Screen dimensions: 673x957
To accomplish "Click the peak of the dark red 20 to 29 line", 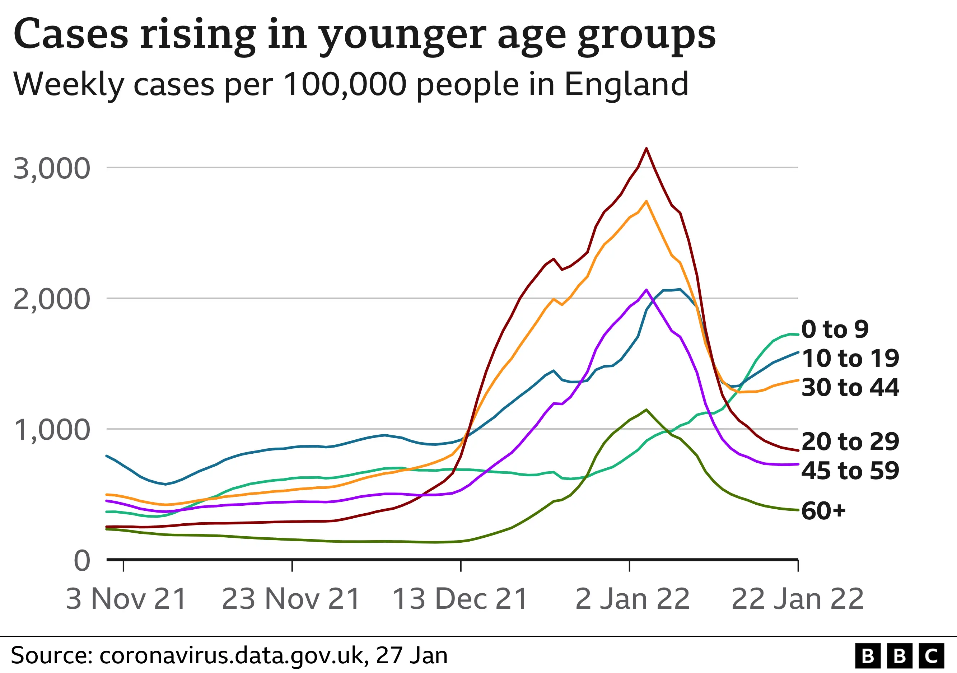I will [646, 148].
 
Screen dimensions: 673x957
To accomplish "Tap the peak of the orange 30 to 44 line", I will [646, 201].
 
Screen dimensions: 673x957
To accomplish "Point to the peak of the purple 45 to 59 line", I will [646, 290].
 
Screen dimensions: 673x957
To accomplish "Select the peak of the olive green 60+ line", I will [646, 410].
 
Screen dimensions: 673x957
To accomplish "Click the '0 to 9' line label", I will [835, 329].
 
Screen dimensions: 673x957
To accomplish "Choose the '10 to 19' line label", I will [850, 358].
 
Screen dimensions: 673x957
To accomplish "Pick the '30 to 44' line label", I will [850, 387].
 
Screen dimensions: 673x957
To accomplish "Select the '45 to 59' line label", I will [850, 471].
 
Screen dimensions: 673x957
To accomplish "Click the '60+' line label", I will [823, 510].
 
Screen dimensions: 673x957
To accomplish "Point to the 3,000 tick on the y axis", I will [52, 169].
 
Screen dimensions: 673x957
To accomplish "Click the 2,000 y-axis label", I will [52, 299].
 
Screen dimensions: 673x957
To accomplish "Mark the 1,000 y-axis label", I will [52, 430].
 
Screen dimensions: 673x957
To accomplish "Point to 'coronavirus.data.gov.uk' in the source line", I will [233, 655].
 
